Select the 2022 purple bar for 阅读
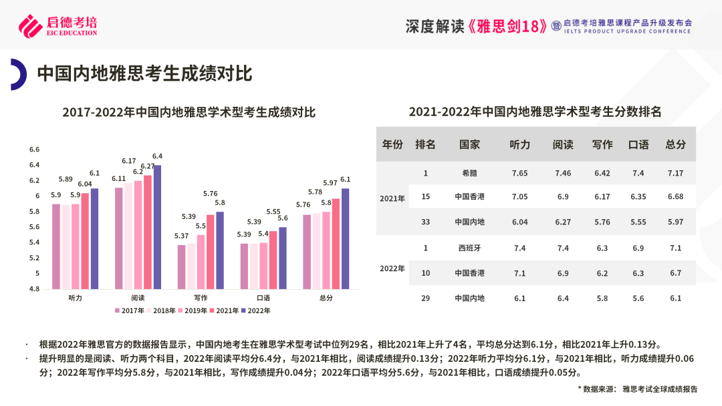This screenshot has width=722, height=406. [x=157, y=227]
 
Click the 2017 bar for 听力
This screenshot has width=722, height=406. [x=56, y=246]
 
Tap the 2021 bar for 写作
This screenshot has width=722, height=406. [x=211, y=252]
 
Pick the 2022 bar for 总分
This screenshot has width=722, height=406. [x=345, y=238]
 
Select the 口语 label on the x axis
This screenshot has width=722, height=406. [x=263, y=298]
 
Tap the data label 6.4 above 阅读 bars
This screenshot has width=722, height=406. [x=157, y=156]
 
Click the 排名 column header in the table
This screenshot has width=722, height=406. [x=425, y=144]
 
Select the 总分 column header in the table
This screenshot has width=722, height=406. [x=675, y=144]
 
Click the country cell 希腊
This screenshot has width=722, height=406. [x=469, y=173]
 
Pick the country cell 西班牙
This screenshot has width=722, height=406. [x=469, y=248]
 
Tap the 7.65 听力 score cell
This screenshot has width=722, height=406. [x=519, y=173]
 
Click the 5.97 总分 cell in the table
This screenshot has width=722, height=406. [x=675, y=222]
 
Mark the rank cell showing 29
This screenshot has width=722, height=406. [x=425, y=298]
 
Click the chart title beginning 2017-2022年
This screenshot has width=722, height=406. [x=189, y=112]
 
